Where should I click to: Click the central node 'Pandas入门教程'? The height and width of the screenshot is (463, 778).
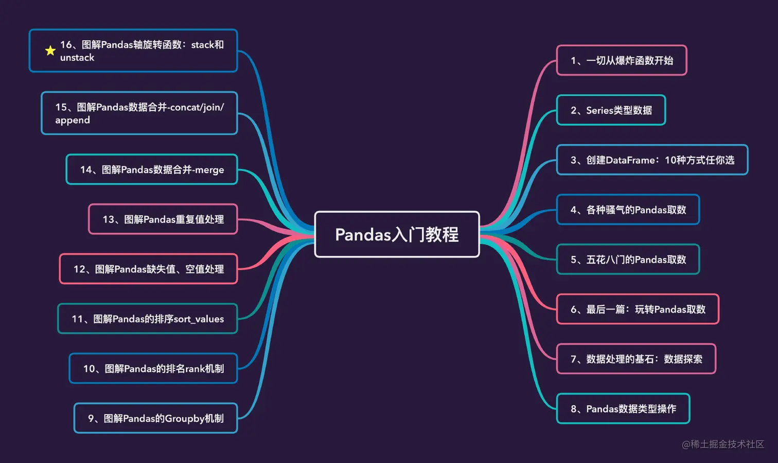[397, 234]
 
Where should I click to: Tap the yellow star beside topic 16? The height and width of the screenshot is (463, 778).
[50, 50]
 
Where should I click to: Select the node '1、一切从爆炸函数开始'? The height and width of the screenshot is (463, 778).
[622, 60]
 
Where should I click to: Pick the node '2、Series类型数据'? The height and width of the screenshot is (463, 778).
[611, 110]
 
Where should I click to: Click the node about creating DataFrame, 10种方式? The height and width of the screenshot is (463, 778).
[652, 160]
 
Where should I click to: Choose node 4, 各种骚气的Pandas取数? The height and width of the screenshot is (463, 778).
[628, 210]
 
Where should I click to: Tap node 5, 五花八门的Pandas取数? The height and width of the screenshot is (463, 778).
[628, 260]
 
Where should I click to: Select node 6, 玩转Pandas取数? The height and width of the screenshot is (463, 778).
[638, 309]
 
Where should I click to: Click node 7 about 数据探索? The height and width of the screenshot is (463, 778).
[636, 359]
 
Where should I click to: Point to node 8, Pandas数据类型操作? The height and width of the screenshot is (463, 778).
[623, 409]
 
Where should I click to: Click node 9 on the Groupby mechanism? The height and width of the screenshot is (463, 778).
[155, 418]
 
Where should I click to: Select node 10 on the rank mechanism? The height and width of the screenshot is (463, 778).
[153, 369]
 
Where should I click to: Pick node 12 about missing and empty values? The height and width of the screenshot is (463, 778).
[148, 269]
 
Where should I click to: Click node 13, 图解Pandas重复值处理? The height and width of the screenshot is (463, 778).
[163, 219]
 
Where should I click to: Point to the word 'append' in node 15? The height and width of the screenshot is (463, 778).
[73, 120]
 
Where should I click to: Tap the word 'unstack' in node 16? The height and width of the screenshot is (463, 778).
[77, 58]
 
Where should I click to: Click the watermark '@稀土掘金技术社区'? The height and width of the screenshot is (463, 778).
[723, 444]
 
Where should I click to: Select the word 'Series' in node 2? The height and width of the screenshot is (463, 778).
[599, 110]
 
